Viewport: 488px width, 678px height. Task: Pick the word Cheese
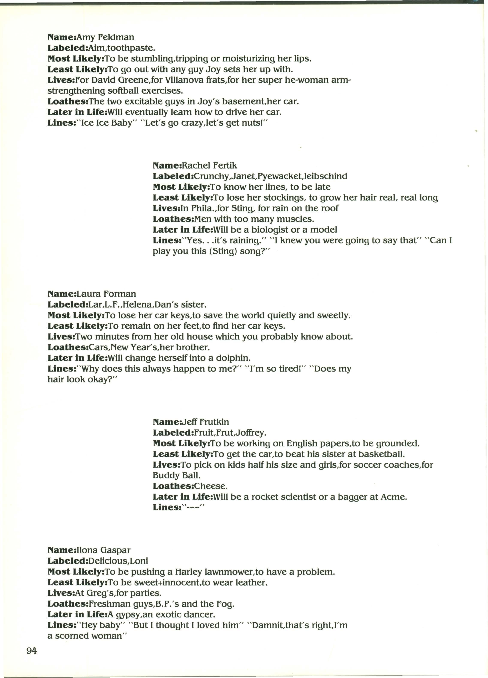210,486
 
